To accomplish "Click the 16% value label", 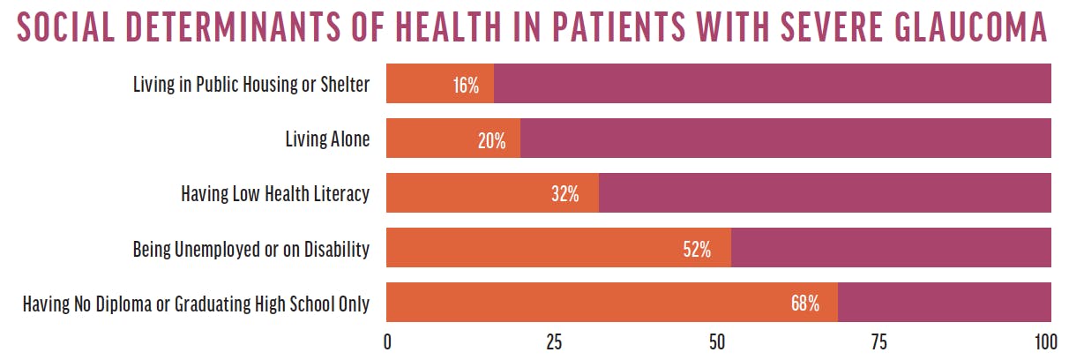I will click(465, 86).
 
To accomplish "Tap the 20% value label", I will click(491, 140).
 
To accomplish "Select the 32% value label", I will click(564, 195).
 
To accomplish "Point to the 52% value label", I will click(697, 250).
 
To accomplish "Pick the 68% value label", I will click(805, 304).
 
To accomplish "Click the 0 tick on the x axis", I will click(387, 342).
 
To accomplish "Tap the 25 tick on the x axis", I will click(553, 342).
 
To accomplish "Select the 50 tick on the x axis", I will click(718, 342).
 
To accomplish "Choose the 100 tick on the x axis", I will click(1045, 342).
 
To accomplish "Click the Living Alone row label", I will click(326, 139).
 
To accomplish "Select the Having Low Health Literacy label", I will click(274, 194).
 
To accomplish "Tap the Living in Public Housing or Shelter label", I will click(250, 85).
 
